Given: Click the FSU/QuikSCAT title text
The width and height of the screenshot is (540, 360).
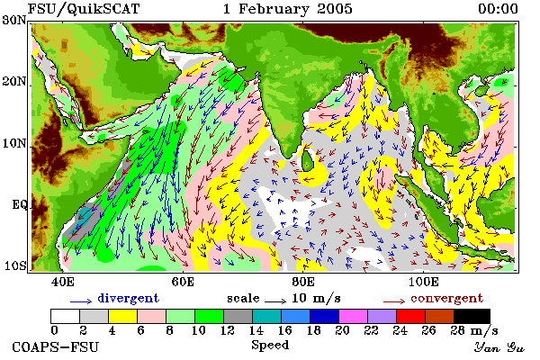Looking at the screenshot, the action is coord(84,9).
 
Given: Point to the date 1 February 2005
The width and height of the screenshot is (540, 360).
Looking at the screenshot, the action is coord(288,9).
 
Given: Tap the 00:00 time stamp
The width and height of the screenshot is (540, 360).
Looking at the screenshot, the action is coord(498,9).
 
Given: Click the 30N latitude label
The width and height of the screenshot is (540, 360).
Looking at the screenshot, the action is coord(14,21).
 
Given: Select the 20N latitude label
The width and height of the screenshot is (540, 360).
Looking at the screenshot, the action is coord(14,82).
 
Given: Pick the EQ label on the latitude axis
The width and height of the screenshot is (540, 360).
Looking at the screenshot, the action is coord(20,204).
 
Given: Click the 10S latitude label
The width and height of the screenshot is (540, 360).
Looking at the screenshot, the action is coord(14,266).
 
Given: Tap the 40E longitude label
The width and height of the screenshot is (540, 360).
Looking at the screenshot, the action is coord(63,282).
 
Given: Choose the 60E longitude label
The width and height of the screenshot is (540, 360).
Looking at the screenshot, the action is coord(183,282).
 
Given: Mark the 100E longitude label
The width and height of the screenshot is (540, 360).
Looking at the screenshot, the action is coord(423,282).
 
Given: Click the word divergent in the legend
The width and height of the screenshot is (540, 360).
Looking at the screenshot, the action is coord(129,298).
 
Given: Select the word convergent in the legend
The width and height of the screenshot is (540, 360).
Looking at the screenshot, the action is coord(447,298).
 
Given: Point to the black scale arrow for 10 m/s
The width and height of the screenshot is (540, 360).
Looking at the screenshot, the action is coord(275,301).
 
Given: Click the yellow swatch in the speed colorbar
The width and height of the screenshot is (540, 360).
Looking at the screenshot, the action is coord(122,316).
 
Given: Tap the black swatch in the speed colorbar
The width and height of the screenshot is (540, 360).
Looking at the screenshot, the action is coord(472,316).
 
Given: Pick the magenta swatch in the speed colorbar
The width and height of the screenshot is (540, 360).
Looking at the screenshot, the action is coord(354,316).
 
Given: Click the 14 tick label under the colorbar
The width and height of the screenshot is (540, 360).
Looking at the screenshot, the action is coord(256,330).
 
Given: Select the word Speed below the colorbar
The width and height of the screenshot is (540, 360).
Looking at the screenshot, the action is coord(270,346).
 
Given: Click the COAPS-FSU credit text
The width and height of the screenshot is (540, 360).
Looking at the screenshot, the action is coord(56,346).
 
